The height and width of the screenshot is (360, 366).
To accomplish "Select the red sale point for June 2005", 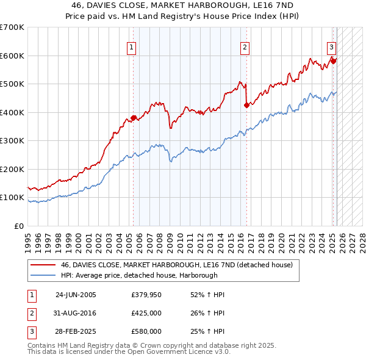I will click(x=133, y=118).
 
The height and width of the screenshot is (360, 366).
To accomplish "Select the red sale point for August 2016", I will click(x=246, y=105).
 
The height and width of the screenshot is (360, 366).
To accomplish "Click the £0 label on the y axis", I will click(x=18, y=226).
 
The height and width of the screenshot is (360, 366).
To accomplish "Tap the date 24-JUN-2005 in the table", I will click(x=76, y=295).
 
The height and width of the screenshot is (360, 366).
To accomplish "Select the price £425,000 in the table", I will click(x=146, y=313).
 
